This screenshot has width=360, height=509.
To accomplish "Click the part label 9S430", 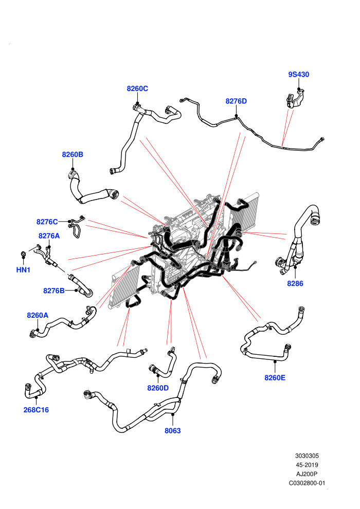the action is coord(299,75).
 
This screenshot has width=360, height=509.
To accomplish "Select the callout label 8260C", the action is coord(137,88).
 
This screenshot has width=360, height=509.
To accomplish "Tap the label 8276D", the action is coord(236,101).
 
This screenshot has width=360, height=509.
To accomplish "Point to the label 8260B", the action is coord(73,155).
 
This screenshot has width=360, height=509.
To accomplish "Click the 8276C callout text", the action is coord(47,222).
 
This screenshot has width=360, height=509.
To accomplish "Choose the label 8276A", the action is coord(49,236).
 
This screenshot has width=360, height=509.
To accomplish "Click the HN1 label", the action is coord(23,270).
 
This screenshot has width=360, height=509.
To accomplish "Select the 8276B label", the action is coord(54,290).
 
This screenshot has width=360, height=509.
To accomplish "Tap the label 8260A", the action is coord(38,315).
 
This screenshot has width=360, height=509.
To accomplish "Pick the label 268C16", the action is coord(36,410).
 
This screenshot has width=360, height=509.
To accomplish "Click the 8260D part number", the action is coord(158,388).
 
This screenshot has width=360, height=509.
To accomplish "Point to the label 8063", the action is coord(172,431).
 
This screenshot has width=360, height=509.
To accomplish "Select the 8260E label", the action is coord(275,378).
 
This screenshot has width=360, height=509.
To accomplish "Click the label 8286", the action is coord(295,284).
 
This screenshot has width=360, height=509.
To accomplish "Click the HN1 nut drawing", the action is coord(23,254).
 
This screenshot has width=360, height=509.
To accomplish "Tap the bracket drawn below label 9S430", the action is coord(295,99).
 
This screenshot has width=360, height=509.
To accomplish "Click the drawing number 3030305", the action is coord(307,456).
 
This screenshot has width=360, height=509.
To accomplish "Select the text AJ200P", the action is coord(307,474).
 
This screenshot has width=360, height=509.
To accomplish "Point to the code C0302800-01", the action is coord(307,483).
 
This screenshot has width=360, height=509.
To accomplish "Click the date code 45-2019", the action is coord(307,465).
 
